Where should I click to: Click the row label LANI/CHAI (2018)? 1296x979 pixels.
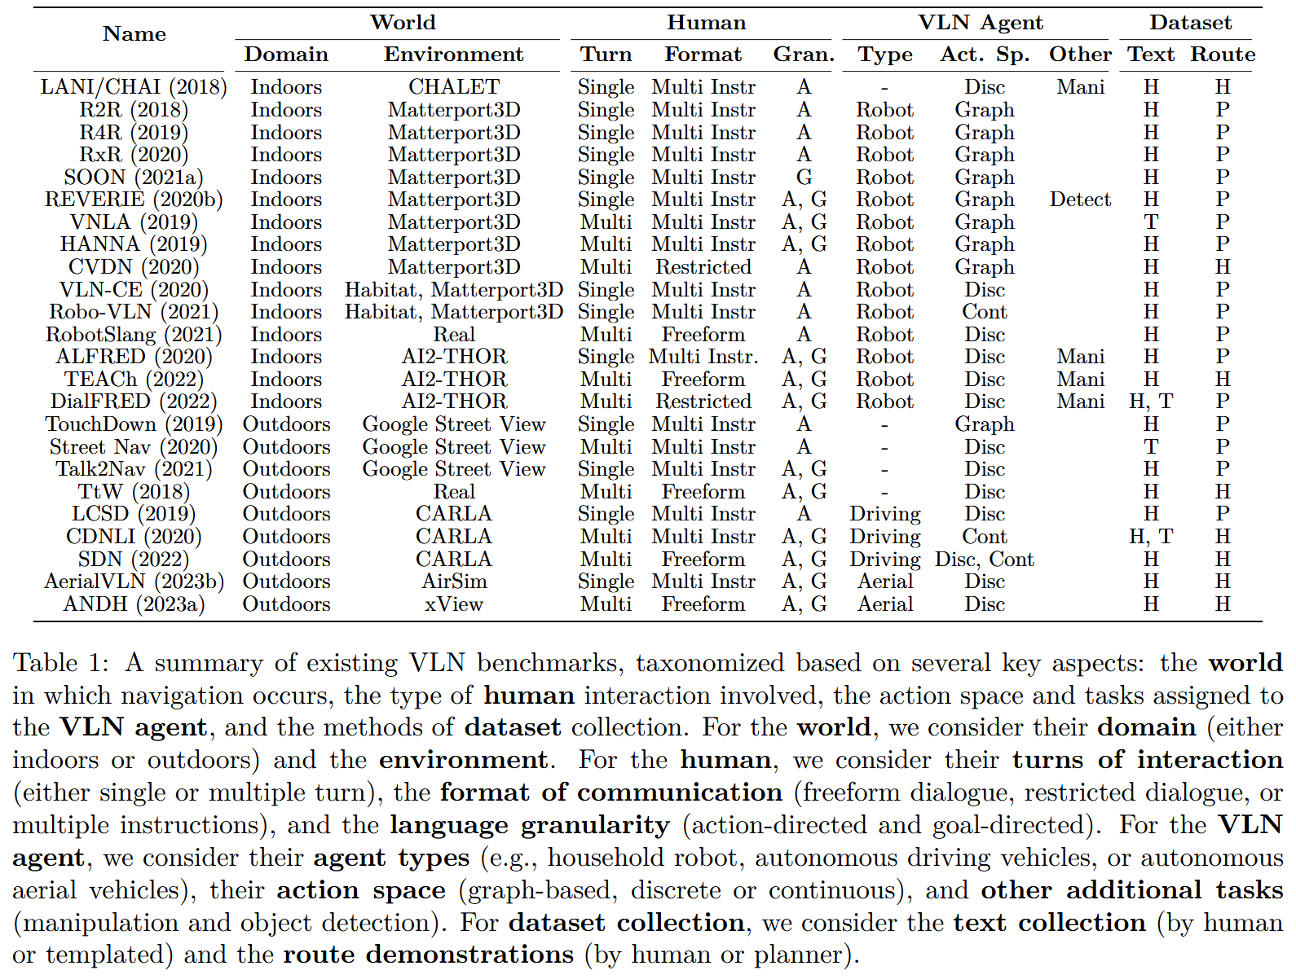click(134, 86)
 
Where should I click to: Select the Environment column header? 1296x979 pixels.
click(453, 55)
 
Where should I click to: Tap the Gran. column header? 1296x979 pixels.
click(804, 55)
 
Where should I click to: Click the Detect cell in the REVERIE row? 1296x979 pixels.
click(1080, 200)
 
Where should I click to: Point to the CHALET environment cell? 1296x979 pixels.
click(453, 86)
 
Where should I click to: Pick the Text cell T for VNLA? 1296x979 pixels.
click(1150, 222)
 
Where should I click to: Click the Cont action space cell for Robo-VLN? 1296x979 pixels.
click(984, 312)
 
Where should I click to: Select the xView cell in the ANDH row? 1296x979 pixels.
click(453, 604)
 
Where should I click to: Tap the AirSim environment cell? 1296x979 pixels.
click(453, 582)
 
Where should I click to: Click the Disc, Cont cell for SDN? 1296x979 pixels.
click(984, 560)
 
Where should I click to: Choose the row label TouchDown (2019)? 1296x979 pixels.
click(134, 424)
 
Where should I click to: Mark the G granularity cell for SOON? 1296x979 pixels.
click(804, 178)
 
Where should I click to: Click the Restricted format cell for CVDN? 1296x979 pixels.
click(703, 267)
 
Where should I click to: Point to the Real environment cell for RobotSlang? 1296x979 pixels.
click(453, 335)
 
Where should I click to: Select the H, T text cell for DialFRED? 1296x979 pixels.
click(1150, 402)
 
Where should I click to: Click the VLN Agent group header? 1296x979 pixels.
click(980, 23)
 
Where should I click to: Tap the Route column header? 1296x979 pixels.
click(1223, 55)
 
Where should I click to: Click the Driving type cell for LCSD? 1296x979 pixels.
click(884, 514)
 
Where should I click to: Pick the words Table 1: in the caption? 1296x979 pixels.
click(60, 663)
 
